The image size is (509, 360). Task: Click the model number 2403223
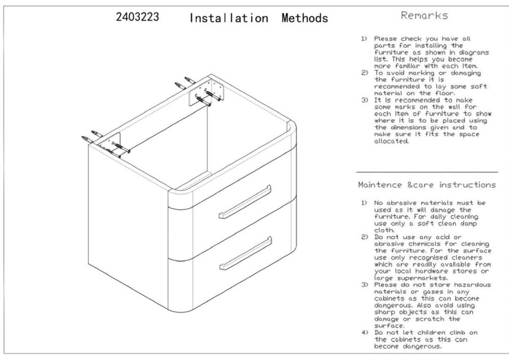click(137, 16)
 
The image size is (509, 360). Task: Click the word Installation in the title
click(229, 18)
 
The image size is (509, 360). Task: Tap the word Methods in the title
click(305, 18)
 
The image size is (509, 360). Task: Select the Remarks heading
click(424, 15)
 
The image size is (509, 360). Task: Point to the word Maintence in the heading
click(380, 185)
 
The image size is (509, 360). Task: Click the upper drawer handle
click(245, 201)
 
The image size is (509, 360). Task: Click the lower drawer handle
click(245, 253)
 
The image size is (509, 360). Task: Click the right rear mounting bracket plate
click(206, 91)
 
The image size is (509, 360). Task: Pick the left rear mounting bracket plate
click(110, 144)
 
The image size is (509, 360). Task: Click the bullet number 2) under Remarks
click(365, 73)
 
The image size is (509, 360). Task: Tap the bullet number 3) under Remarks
click(365, 100)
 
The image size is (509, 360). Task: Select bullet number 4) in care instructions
click(365, 332)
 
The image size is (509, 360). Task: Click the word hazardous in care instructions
click(472, 285)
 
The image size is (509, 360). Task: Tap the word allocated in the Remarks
click(391, 141)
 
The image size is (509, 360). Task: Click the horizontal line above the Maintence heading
click(427, 172)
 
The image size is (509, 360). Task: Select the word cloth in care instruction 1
click(384, 230)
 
